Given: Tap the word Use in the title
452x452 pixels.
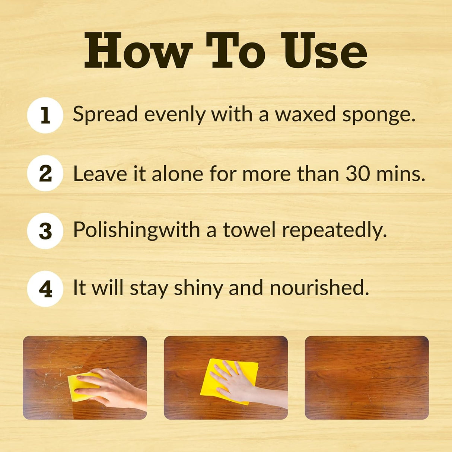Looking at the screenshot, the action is coord(324,50).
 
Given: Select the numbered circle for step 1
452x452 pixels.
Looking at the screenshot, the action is coord(45,115).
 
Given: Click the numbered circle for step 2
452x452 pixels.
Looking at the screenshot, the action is coord(45,173).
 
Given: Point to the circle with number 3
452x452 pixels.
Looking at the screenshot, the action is coord(45,231).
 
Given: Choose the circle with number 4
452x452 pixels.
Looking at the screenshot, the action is coord(45,289).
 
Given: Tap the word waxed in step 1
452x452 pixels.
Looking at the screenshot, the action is coord(305,114).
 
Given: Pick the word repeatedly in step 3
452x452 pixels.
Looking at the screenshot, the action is coord(335,231).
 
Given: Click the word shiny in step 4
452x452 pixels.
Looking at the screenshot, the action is coord(198,289).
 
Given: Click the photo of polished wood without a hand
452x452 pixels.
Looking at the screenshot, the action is coord(367,378).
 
